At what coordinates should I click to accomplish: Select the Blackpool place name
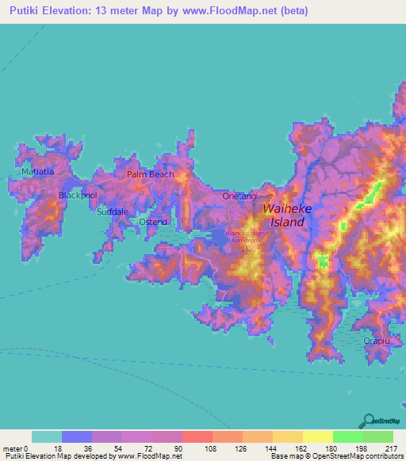pyautogui.click(x=78, y=194)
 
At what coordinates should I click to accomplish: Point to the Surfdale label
pyautogui.click(x=112, y=212)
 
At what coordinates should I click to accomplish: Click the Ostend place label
pyautogui.click(x=153, y=222)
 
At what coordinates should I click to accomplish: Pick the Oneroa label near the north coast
pyautogui.click(x=242, y=196)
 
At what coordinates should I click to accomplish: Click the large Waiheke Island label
pyautogui.click(x=283, y=215)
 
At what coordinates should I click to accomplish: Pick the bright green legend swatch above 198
pyautogui.click(x=347, y=436)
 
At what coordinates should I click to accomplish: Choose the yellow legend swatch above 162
pyautogui.click(x=287, y=436)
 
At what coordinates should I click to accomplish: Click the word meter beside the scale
pyautogui.click(x=13, y=448)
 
